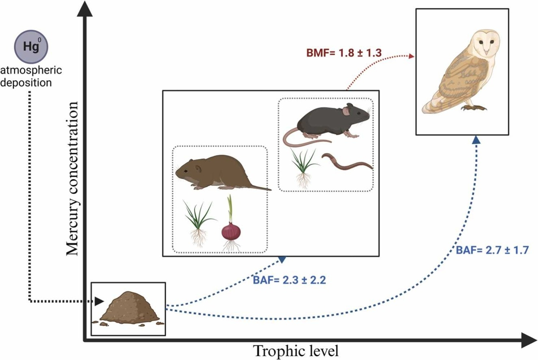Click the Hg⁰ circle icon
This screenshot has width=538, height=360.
(x=31, y=47)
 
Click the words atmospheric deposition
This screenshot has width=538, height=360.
(x=31, y=76)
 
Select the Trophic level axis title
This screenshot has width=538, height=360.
(x=295, y=350)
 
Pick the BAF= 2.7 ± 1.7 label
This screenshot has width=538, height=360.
(x=492, y=250)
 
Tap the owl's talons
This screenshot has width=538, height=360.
(x=474, y=108)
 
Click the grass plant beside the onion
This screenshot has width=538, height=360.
(x=199, y=219)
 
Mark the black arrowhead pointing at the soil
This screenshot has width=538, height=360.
(x=100, y=301)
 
